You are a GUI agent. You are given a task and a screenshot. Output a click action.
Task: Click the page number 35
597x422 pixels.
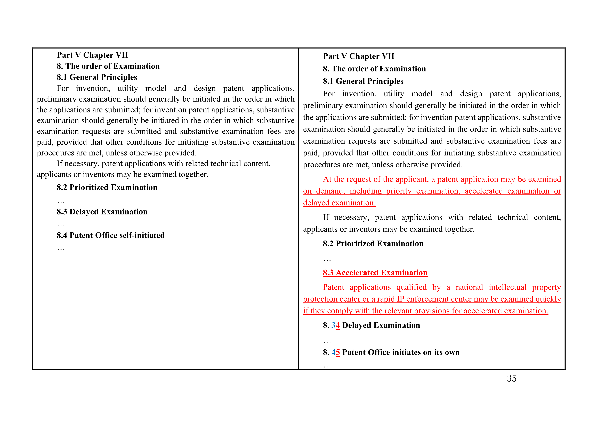pyautogui.click(x=511, y=378)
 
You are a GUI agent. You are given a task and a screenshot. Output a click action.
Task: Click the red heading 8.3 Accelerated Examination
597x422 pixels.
pyautogui.click(x=375, y=273)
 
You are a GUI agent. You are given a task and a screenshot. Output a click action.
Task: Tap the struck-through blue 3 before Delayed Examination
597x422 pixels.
pyautogui.click(x=333, y=325)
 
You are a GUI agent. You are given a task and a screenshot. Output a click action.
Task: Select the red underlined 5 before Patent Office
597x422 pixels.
pyautogui.click(x=338, y=352)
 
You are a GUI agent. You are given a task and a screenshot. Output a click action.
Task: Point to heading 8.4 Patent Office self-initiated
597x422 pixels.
pyautogui.click(x=110, y=235)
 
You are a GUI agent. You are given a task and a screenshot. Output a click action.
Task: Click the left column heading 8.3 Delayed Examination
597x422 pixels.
pyautogui.click(x=102, y=212)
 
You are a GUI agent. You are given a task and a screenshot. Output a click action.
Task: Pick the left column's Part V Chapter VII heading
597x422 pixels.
pyautogui.click(x=92, y=55)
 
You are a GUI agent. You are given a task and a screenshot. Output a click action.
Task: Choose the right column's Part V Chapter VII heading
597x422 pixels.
pyautogui.click(x=359, y=56)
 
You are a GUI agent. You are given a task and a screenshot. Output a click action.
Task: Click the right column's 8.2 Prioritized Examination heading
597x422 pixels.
pyautogui.click(x=373, y=244)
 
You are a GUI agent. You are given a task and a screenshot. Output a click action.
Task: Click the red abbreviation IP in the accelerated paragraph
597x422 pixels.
pyautogui.click(x=400, y=299)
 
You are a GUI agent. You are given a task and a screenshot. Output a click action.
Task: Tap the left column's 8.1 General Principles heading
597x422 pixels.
pyautogui.click(x=97, y=77)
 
